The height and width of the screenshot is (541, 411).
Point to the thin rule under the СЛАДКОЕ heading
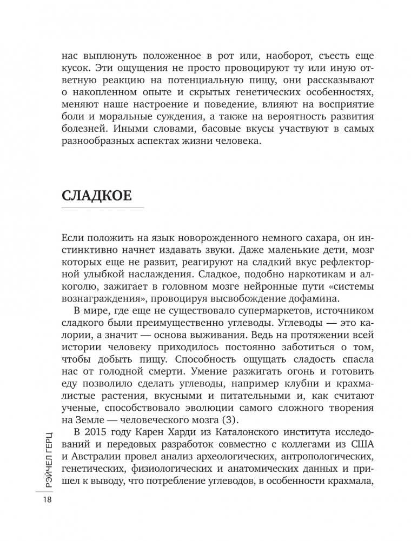point(103,208)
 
